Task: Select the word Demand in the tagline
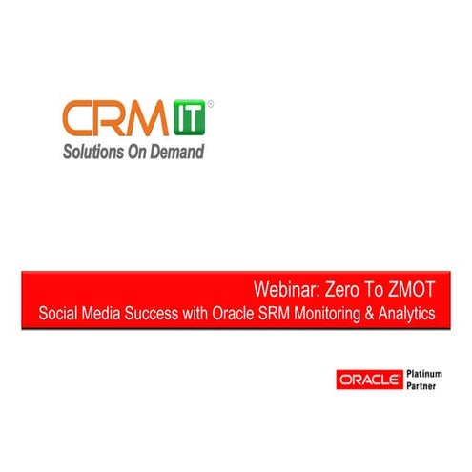coord(178,151)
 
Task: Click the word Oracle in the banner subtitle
coord(231,312)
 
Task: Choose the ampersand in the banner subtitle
coord(371,312)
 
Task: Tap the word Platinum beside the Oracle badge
coord(420,373)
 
